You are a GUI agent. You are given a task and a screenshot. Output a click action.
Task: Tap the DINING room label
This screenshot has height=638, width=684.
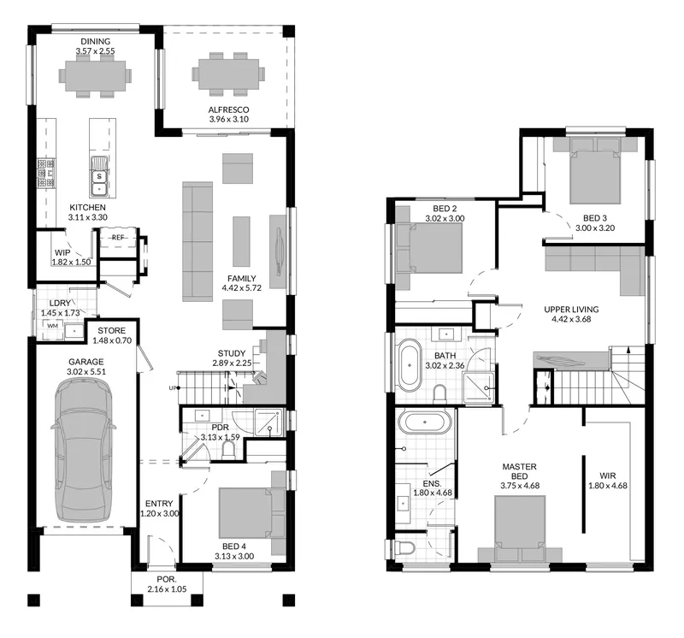click(x=95, y=41)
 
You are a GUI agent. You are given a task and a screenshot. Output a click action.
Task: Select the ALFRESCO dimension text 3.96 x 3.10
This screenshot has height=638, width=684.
click(x=228, y=119)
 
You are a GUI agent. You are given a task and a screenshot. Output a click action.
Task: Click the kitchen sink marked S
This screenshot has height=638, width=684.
click(x=99, y=176)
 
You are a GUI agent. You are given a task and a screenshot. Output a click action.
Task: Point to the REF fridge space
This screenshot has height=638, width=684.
click(x=118, y=238)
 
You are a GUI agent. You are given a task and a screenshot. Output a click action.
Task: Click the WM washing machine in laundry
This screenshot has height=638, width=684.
click(x=53, y=326)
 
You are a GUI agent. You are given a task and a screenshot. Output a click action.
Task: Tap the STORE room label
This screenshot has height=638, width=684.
click(x=112, y=331)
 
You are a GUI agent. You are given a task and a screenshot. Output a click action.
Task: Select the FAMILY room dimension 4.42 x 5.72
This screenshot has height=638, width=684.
click(x=241, y=288)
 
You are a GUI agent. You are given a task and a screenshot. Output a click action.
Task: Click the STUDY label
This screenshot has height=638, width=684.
click(x=232, y=353)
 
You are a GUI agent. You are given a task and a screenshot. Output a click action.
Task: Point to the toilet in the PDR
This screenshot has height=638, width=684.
click(x=228, y=451)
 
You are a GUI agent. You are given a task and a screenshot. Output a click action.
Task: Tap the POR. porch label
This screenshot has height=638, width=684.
click(x=167, y=580)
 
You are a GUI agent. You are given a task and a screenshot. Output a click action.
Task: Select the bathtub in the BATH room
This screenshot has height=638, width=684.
click(x=409, y=365)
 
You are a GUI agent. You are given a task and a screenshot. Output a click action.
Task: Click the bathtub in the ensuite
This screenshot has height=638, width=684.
click(x=424, y=422)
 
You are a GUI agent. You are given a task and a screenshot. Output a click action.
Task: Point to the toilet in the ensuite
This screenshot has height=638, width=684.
click(x=404, y=548)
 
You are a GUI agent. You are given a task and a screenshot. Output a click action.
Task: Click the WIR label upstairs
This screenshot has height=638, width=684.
click(x=608, y=476)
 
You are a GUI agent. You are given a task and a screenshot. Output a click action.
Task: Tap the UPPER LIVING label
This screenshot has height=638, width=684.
click(x=571, y=310)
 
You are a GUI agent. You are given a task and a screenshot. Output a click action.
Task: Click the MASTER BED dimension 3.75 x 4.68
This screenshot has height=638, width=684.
click(x=520, y=485)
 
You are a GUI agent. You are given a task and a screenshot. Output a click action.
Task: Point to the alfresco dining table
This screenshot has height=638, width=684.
click(x=228, y=74)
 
